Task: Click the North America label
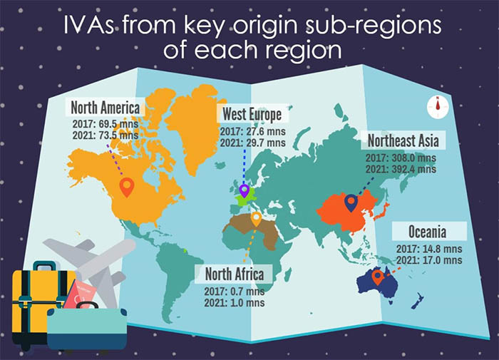(106, 108)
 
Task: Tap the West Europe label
(252, 115)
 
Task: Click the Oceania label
(429, 232)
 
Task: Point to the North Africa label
(235, 274)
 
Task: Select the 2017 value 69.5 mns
(118, 123)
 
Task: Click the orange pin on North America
(128, 187)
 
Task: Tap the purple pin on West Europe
(245, 191)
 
